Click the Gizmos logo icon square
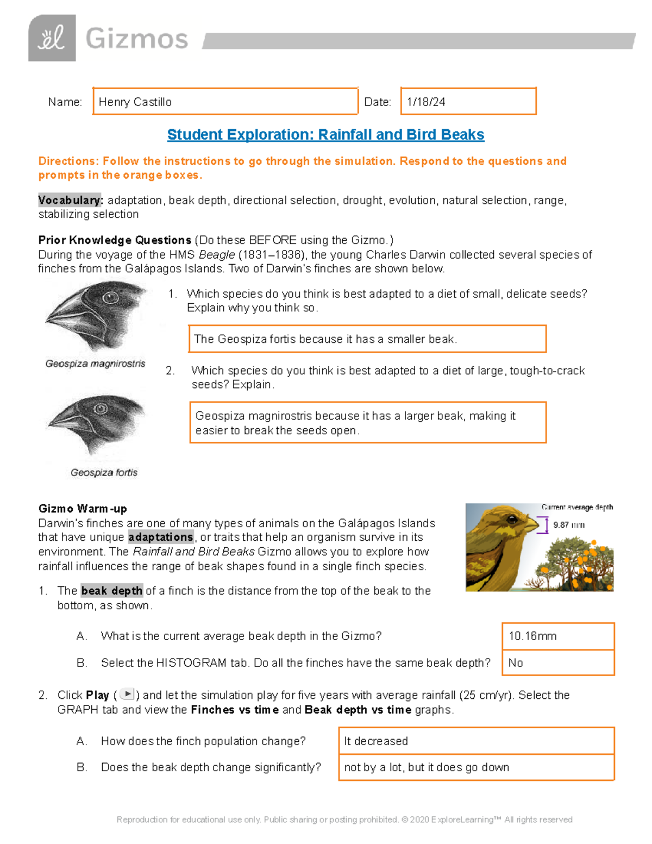coord(52,38)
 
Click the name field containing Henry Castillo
coord(225,102)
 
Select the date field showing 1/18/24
coord(468,102)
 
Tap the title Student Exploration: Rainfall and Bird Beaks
coord(325,135)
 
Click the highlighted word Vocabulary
coord(70,200)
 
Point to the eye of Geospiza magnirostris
coord(110,298)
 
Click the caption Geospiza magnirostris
coord(95,364)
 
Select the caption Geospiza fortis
coord(104,472)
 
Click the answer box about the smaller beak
coord(367,339)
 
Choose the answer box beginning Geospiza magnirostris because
coord(368,423)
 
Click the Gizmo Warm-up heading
coord(83,509)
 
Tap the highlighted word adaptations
coord(161,537)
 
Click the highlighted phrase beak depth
coord(112,591)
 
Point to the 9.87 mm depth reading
coord(568,525)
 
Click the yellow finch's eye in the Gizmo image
coord(512,519)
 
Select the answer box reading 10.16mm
coord(558,636)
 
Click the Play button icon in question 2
coord(127,694)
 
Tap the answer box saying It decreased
coord(476,741)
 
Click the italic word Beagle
coord(217,255)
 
